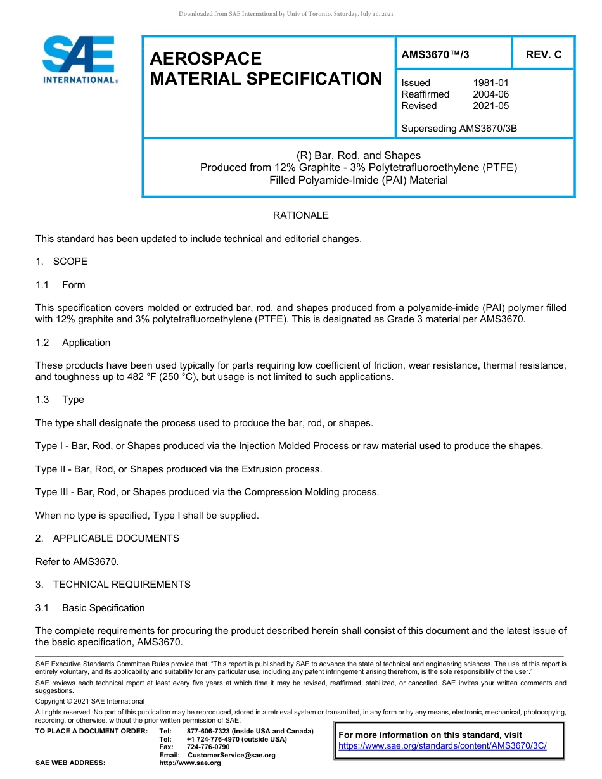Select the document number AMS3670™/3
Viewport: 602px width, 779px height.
[435, 55]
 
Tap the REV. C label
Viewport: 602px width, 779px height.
[543, 55]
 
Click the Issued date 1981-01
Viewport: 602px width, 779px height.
[490, 83]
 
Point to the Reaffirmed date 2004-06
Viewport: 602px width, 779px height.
[490, 94]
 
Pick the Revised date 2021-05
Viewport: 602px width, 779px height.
[490, 106]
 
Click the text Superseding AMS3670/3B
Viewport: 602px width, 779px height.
[459, 129]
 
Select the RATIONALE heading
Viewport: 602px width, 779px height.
[300, 215]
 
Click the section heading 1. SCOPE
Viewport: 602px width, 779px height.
[61, 262]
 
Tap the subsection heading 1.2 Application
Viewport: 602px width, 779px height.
[73, 343]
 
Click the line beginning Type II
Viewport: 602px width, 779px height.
[179, 469]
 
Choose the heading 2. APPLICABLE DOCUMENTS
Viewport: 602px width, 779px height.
[107, 538]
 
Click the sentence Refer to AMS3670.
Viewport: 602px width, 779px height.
[77, 561]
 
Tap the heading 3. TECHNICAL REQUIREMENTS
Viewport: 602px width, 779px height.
[113, 585]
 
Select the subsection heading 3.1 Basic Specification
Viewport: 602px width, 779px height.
[90, 608]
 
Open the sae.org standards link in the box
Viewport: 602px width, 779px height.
[442, 746]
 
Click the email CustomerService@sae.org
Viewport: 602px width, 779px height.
[231, 755]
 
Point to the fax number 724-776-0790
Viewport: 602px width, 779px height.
[208, 747]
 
